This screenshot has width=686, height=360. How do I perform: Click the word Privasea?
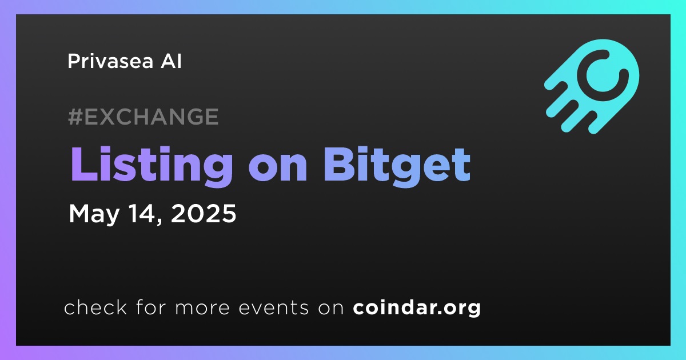[x=110, y=61]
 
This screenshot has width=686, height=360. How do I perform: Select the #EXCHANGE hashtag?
[x=143, y=117]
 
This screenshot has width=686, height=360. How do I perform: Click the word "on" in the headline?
[x=278, y=169]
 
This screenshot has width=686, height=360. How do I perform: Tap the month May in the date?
[x=94, y=214]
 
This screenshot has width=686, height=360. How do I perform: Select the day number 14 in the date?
[x=141, y=213]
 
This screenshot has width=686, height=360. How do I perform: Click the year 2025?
[x=204, y=213]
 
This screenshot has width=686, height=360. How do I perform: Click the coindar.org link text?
[x=417, y=308]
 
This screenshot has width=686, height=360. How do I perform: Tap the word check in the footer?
[x=95, y=307]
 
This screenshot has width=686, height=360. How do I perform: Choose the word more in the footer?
[x=202, y=308]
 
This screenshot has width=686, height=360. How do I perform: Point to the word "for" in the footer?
[x=151, y=307]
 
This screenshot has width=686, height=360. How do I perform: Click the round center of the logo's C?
[x=603, y=75]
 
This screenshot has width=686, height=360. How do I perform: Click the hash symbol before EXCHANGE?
[x=75, y=117]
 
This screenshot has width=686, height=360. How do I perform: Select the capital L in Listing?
[x=83, y=165]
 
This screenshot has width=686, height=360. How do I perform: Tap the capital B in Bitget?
[x=338, y=165]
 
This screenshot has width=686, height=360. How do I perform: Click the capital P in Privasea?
[x=74, y=61]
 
